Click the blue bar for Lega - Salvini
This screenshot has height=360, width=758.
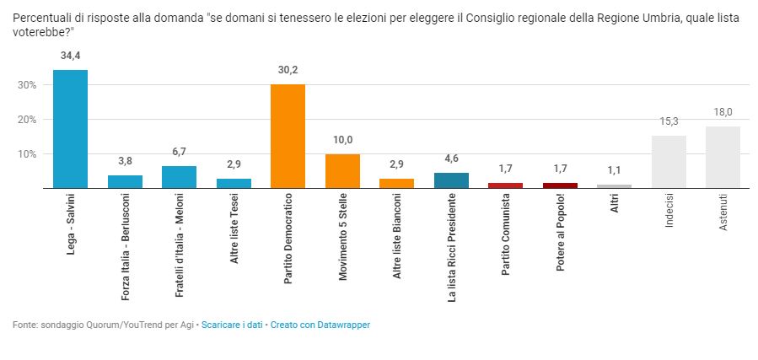tap(70, 129)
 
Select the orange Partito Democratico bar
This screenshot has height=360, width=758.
tap(288, 137)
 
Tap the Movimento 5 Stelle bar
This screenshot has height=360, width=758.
tap(342, 171)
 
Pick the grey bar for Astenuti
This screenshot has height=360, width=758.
tap(723, 158)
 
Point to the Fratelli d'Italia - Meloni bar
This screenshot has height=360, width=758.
tap(179, 177)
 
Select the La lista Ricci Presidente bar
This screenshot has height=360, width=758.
tap(451, 180)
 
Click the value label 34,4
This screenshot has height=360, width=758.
tap(70, 56)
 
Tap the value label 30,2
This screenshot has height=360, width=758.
tap(288, 70)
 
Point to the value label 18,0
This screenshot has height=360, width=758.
tap(723, 112)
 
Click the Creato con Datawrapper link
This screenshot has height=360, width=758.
tap(320, 325)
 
